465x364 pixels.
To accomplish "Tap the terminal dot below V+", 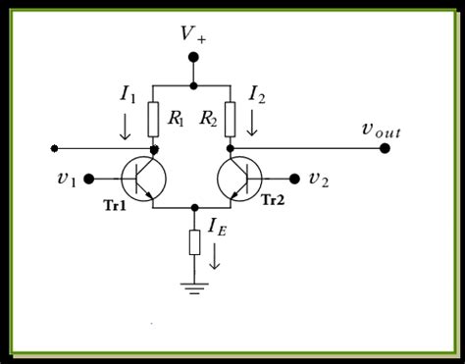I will point(193,58).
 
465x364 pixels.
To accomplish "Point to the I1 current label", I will point(129,94).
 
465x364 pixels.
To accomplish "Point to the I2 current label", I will point(257,94).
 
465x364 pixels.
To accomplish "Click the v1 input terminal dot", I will point(88,179).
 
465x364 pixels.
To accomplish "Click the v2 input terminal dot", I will point(295,179).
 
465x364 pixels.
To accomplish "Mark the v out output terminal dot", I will point(385,148).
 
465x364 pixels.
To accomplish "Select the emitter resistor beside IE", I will point(194,240).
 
